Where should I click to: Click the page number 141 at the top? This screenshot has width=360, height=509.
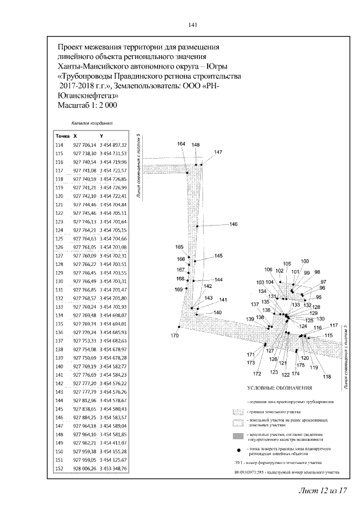[192, 25]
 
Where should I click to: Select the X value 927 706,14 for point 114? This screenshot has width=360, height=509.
[86, 145]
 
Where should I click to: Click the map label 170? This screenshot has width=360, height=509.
[174, 336]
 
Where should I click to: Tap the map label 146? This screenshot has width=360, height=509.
[233, 224]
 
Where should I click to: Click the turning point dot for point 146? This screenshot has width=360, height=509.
[197, 226]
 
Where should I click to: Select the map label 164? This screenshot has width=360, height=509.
[181, 145]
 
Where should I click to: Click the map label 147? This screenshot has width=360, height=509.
[218, 152]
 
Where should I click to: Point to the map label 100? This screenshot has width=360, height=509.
[305, 261]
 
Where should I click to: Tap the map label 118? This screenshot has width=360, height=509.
[326, 376]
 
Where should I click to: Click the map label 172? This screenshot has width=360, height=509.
[257, 373]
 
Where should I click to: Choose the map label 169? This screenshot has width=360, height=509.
[178, 289]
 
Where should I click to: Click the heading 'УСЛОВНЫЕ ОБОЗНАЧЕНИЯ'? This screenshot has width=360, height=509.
[279, 388]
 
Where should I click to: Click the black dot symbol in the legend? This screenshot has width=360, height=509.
[238, 451]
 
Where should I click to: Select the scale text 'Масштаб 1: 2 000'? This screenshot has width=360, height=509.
[87, 105]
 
